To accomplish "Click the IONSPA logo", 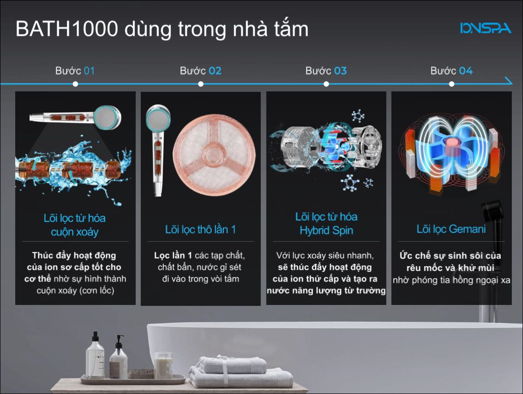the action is click(x=485, y=28).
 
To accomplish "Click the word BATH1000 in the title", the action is click(x=67, y=29).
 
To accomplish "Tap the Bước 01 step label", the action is click(x=75, y=71).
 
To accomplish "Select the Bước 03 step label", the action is click(x=326, y=71).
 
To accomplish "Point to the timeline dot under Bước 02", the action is click(x=200, y=84).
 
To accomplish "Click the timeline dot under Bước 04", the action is click(x=451, y=84).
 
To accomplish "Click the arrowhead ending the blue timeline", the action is click(x=509, y=81).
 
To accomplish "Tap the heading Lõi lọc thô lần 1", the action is click(x=200, y=229).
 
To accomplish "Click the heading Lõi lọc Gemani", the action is click(x=451, y=229).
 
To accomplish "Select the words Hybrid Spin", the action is click(x=326, y=230).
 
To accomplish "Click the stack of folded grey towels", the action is click(x=241, y=372).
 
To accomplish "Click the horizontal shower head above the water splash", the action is click(x=76, y=117).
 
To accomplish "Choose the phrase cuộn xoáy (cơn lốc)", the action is click(x=75, y=290).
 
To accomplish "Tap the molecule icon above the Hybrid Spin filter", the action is click(x=358, y=116).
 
